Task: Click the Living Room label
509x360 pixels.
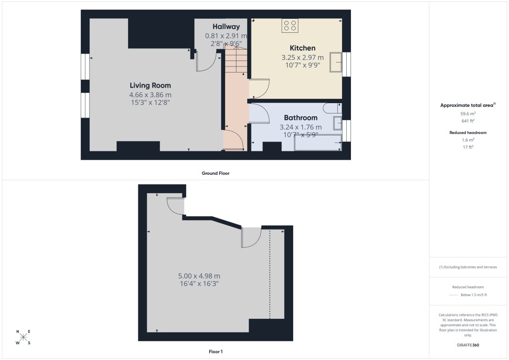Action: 150,85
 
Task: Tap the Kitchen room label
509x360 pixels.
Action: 303,48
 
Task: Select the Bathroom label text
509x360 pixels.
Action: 301,118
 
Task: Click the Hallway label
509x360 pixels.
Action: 226,27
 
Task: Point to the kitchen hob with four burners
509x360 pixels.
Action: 289,25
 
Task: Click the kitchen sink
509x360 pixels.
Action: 336,63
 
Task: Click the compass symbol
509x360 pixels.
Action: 23,337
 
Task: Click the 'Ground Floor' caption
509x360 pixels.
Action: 215,173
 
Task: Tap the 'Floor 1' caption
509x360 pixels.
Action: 215,351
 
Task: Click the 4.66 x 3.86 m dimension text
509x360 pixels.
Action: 150,95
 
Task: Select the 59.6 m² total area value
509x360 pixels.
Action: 468,113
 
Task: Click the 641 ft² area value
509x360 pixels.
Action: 468,120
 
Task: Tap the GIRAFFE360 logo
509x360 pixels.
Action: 468,345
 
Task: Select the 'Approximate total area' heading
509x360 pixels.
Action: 467,105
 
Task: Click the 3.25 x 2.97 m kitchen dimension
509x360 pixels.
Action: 303,58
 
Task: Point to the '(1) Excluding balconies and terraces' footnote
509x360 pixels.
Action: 468,267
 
